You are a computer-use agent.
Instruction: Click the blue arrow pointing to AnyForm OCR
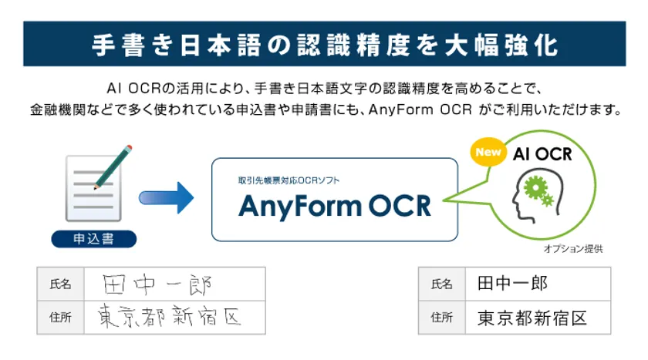[x=166, y=198]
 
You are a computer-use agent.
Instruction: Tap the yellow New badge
[x=488, y=152]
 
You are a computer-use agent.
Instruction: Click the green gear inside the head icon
[x=536, y=188]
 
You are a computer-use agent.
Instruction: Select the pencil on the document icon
[x=113, y=167]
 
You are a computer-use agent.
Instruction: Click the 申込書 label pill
[x=94, y=239]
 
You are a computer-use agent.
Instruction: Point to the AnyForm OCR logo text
[x=335, y=206]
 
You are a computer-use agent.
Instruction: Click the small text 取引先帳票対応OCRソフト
[x=289, y=180]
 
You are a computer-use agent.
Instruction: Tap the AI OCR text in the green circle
[x=542, y=154]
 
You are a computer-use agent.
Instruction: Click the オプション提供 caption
[x=572, y=248]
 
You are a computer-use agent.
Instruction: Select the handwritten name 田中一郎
[x=157, y=284]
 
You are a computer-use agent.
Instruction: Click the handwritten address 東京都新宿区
[x=169, y=317]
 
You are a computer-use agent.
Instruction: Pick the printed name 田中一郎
[x=512, y=284]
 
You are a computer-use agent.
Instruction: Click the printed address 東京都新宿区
[x=532, y=318]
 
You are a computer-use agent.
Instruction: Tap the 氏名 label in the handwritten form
[x=60, y=284]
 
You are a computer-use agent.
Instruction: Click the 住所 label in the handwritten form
[x=60, y=318]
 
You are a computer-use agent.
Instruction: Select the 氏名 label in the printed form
[x=442, y=284]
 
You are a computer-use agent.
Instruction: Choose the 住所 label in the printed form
[x=442, y=318]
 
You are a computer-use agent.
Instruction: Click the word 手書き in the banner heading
[x=132, y=45]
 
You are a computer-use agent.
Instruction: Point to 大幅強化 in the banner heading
[x=501, y=45]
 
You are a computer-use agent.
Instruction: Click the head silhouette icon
[x=537, y=195]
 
